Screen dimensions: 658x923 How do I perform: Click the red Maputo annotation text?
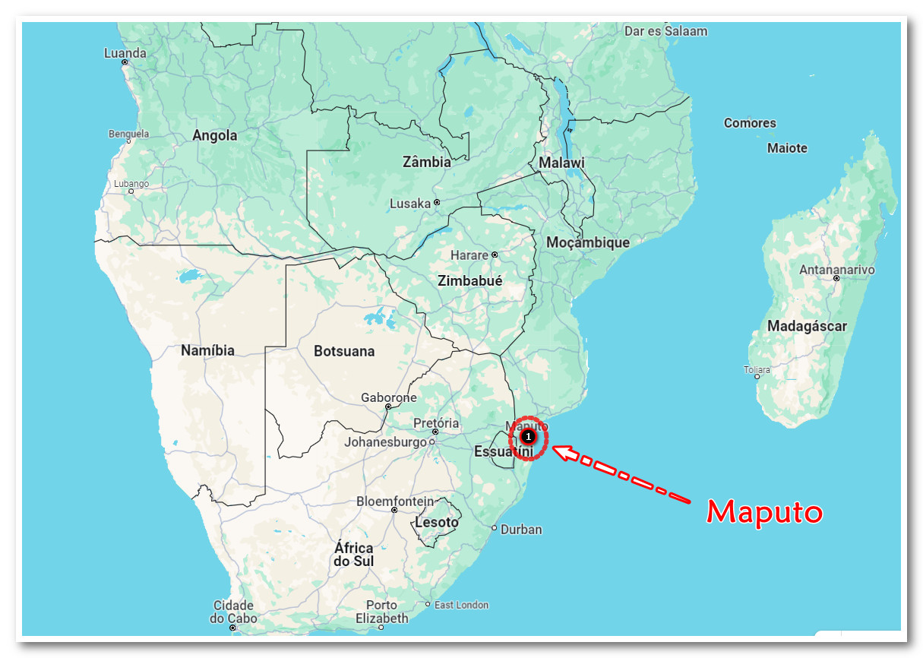coord(765,512)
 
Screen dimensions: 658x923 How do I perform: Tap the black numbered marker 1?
coord(528,437)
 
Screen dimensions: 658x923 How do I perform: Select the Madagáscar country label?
coord(807,327)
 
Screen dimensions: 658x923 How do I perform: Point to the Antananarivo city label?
coord(837,270)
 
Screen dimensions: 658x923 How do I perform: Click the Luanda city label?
coord(125,53)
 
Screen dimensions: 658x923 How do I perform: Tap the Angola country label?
coord(215,136)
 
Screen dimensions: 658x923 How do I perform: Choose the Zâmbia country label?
coord(426,162)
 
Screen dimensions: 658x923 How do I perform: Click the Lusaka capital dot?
coord(437,203)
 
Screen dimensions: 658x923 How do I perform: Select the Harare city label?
coord(469,255)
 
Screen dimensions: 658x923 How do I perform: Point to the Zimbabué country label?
coord(470,280)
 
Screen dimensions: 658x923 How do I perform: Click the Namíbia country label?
coord(207,351)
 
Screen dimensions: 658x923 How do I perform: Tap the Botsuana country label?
coord(344,351)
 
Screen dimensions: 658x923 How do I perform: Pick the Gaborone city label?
coord(389,397)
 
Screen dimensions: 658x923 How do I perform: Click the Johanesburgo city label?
coord(386,441)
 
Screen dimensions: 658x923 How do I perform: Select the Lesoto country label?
coord(437,523)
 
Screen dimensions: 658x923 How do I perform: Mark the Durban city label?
coord(522,529)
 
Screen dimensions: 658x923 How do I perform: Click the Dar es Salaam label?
coord(665,31)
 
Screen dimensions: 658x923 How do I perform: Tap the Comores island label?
coord(750,123)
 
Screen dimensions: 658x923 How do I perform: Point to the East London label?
coord(461,605)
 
